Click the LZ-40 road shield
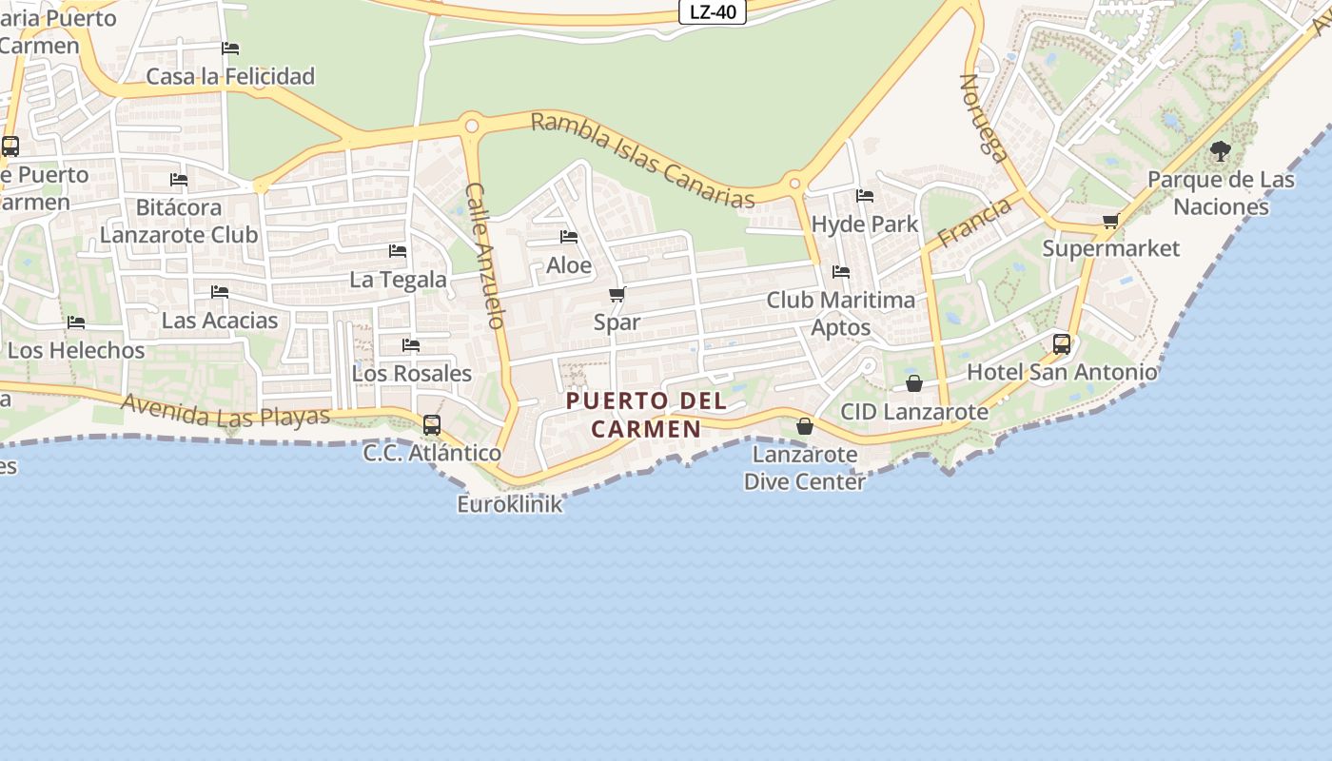713,12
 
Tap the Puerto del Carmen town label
647,415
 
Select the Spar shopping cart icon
617,295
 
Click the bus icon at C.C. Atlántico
432,424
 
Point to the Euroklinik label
510,504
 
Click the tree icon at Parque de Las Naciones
1220,150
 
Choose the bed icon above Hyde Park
864,196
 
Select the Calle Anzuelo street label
484,256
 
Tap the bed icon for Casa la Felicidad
230,49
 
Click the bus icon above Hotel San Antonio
1062,344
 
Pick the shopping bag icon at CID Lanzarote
913,383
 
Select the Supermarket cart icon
1110,222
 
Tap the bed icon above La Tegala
398,251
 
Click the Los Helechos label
76,350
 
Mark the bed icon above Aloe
569,237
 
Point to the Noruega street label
983,118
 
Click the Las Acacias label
220,321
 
